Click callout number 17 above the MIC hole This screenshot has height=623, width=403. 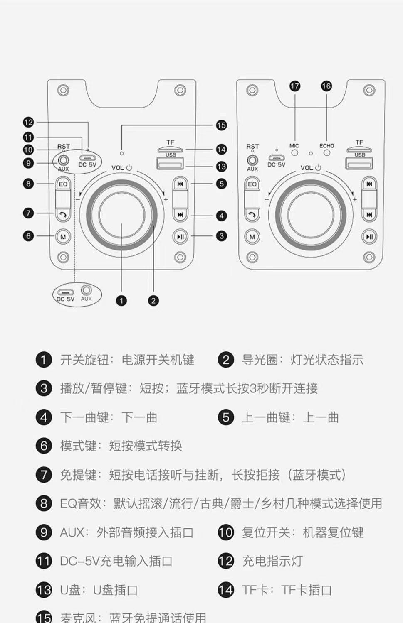point(295,86)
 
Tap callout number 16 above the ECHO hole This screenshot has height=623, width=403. point(326,86)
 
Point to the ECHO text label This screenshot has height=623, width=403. point(326,146)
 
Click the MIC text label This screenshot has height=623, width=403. point(294,146)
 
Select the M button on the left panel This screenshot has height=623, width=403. point(63,237)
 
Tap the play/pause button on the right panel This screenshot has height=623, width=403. point(369,237)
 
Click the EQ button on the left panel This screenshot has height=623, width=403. point(63,184)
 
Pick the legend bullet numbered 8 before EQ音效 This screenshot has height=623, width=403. point(44,504)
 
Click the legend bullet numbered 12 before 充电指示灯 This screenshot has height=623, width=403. point(226,561)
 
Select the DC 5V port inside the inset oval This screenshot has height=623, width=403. point(65,292)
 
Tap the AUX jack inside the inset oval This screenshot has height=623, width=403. point(87,290)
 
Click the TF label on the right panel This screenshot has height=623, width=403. point(359,142)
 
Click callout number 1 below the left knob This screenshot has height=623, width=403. point(121,301)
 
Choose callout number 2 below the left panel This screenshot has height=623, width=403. point(153,301)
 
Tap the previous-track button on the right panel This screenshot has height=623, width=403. point(369,184)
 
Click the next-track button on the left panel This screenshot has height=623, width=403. point(180,215)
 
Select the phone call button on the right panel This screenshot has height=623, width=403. point(252,215)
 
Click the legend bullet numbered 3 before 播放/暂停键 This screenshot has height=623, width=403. point(44,389)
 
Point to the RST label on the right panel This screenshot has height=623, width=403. point(252,147)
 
